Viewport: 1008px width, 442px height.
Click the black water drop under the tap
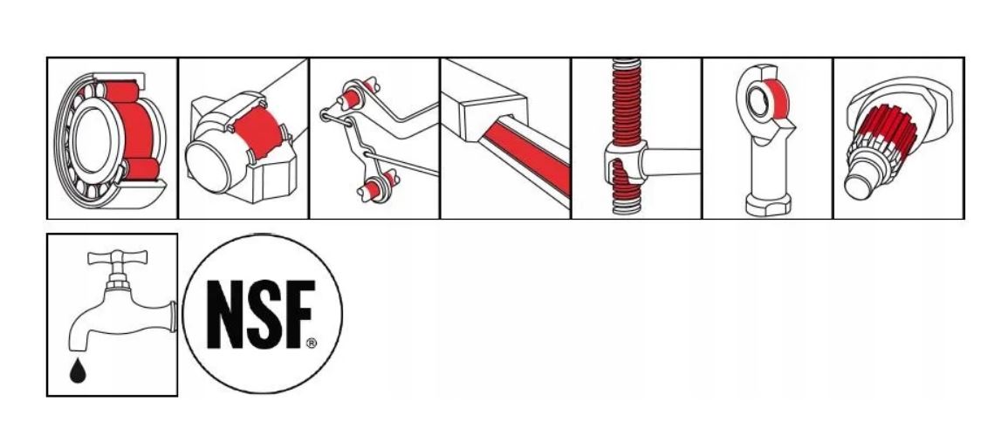pos(77,371)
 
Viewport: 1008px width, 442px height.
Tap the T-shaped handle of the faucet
pos(118,258)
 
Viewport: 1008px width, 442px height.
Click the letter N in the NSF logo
pos(228,315)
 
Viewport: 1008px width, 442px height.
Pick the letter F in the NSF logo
pos(299,315)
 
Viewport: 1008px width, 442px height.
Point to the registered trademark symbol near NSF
pos(312,343)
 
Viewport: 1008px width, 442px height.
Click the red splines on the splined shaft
pos(885,129)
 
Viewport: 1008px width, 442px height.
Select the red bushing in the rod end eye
pos(775,99)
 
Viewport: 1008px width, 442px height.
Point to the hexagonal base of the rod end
pos(768,204)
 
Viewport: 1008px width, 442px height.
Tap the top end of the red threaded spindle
pos(626,62)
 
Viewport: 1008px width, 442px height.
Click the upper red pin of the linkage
pos(350,99)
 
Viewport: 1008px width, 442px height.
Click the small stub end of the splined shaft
pos(858,186)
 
